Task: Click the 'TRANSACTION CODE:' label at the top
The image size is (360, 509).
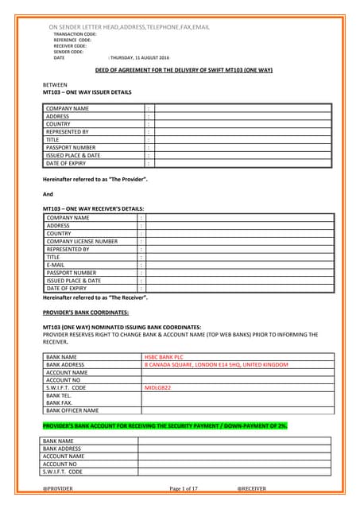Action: (75, 34)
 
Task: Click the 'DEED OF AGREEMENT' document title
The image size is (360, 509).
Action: (179, 70)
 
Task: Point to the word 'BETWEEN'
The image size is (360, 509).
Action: (54, 84)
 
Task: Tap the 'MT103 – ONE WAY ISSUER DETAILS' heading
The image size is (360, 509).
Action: (87, 92)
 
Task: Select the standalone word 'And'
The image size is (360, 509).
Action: (47, 194)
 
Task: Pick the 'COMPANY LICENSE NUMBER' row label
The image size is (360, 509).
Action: (82, 241)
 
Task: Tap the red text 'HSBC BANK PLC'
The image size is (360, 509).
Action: (164, 358)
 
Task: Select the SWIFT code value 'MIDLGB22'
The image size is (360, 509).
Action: (158, 387)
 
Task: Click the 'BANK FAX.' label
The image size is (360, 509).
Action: (60, 402)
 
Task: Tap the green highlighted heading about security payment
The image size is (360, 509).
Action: (165, 426)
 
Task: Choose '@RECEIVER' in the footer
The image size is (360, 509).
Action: (252, 488)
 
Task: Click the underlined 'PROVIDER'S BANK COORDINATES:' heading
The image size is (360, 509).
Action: (85, 313)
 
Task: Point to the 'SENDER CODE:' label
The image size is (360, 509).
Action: (68, 52)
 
